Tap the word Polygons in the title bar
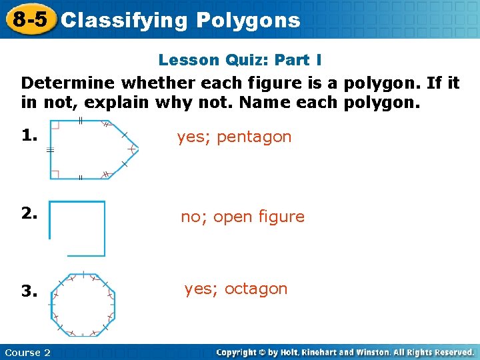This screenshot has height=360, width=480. point(249,21)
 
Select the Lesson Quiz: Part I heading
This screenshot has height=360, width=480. point(240,60)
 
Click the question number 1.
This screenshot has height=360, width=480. point(28,136)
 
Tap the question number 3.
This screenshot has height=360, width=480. point(28,291)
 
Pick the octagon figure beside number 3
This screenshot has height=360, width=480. point(83,303)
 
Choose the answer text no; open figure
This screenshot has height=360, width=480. point(243,217)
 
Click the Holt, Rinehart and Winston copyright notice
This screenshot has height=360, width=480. point(345,352)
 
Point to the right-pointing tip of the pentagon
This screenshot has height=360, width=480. point(138,149)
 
